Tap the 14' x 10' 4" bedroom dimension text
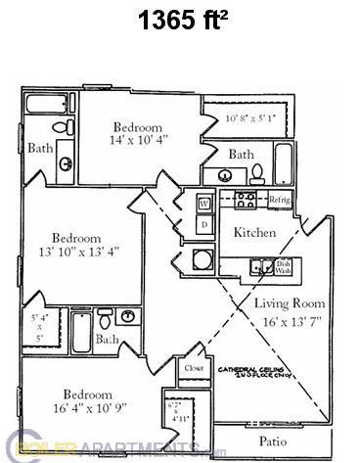click(139, 140)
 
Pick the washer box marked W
click(204, 204)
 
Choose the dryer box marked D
click(204, 224)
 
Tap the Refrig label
click(281, 200)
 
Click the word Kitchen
click(253, 233)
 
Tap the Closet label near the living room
click(192, 369)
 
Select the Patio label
click(275, 441)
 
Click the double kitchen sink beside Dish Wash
click(260, 265)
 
